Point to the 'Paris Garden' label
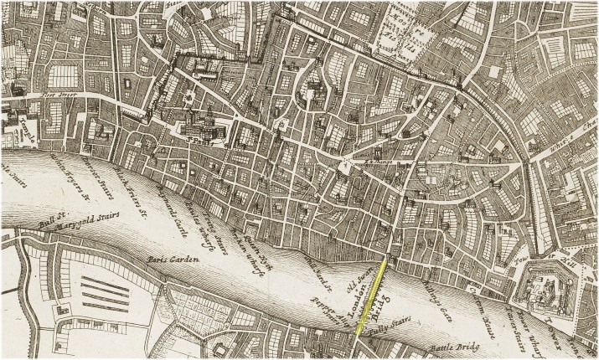[x=173, y=261]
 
